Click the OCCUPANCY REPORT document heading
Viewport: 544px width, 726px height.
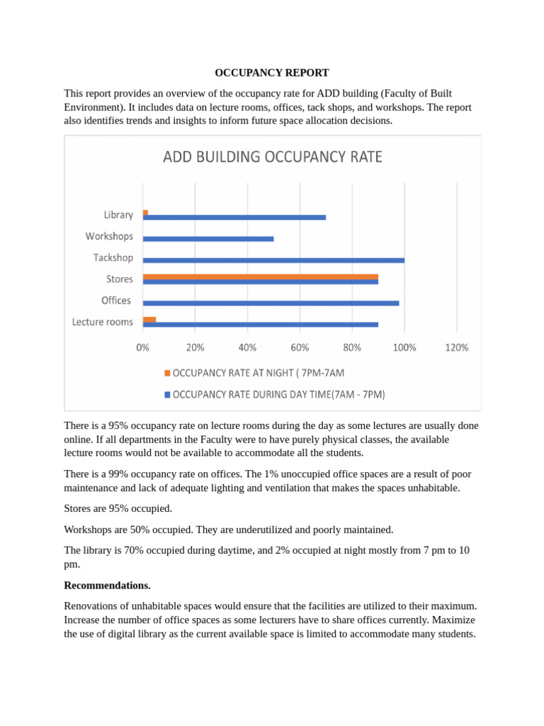pyautogui.click(x=272, y=73)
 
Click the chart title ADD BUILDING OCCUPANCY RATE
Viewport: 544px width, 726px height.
pyautogui.click(x=273, y=157)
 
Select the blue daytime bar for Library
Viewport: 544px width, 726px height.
pyautogui.click(x=234, y=217)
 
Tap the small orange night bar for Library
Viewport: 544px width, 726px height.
pyautogui.click(x=145, y=212)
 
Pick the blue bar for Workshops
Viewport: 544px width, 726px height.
pyautogui.click(x=208, y=238)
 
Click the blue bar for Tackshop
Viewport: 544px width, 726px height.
pyautogui.click(x=273, y=260)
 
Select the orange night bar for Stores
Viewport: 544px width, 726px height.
pyautogui.click(x=260, y=276)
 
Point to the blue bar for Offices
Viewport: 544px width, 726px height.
pyautogui.click(x=271, y=303)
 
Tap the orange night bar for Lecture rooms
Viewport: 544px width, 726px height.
pyautogui.click(x=149, y=319)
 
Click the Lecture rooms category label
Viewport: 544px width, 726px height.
pyautogui.click(x=102, y=322)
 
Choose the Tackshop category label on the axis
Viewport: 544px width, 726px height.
pyautogui.click(x=113, y=257)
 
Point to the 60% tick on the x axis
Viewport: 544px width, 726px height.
pyautogui.click(x=300, y=347)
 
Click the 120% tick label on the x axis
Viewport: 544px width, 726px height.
pyautogui.click(x=457, y=347)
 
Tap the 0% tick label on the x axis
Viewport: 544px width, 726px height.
pyautogui.click(x=143, y=347)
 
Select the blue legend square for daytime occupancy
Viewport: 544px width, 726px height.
pyautogui.click(x=167, y=394)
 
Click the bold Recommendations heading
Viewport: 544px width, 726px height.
pyautogui.click(x=107, y=585)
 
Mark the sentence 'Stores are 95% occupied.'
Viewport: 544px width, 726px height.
pyautogui.click(x=118, y=508)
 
